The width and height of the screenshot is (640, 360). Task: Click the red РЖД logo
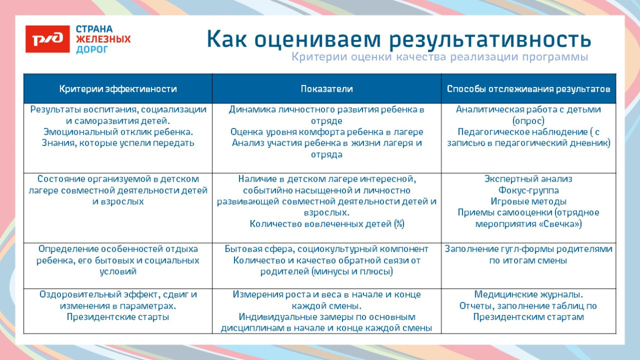tap(47, 39)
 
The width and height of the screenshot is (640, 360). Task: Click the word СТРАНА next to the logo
tap(94, 29)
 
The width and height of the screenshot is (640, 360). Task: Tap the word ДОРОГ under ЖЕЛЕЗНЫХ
tap(92, 50)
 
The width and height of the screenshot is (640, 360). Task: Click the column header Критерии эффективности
tap(118, 89)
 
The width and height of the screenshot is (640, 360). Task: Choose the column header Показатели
tap(327, 89)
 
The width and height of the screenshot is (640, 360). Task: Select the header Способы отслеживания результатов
tap(528, 89)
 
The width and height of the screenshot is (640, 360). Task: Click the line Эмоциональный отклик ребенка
tap(118, 132)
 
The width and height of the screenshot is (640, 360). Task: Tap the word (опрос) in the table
tap(528, 121)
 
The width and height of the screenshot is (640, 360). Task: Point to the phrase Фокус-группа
tap(528, 190)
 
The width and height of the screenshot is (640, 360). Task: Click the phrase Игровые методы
tap(528, 201)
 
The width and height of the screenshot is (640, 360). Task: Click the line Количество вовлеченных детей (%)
tap(327, 224)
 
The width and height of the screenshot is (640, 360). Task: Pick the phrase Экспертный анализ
tap(528, 179)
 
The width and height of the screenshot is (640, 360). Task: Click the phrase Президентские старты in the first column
tap(118, 317)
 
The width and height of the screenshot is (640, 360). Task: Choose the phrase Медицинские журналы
tap(528, 294)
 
